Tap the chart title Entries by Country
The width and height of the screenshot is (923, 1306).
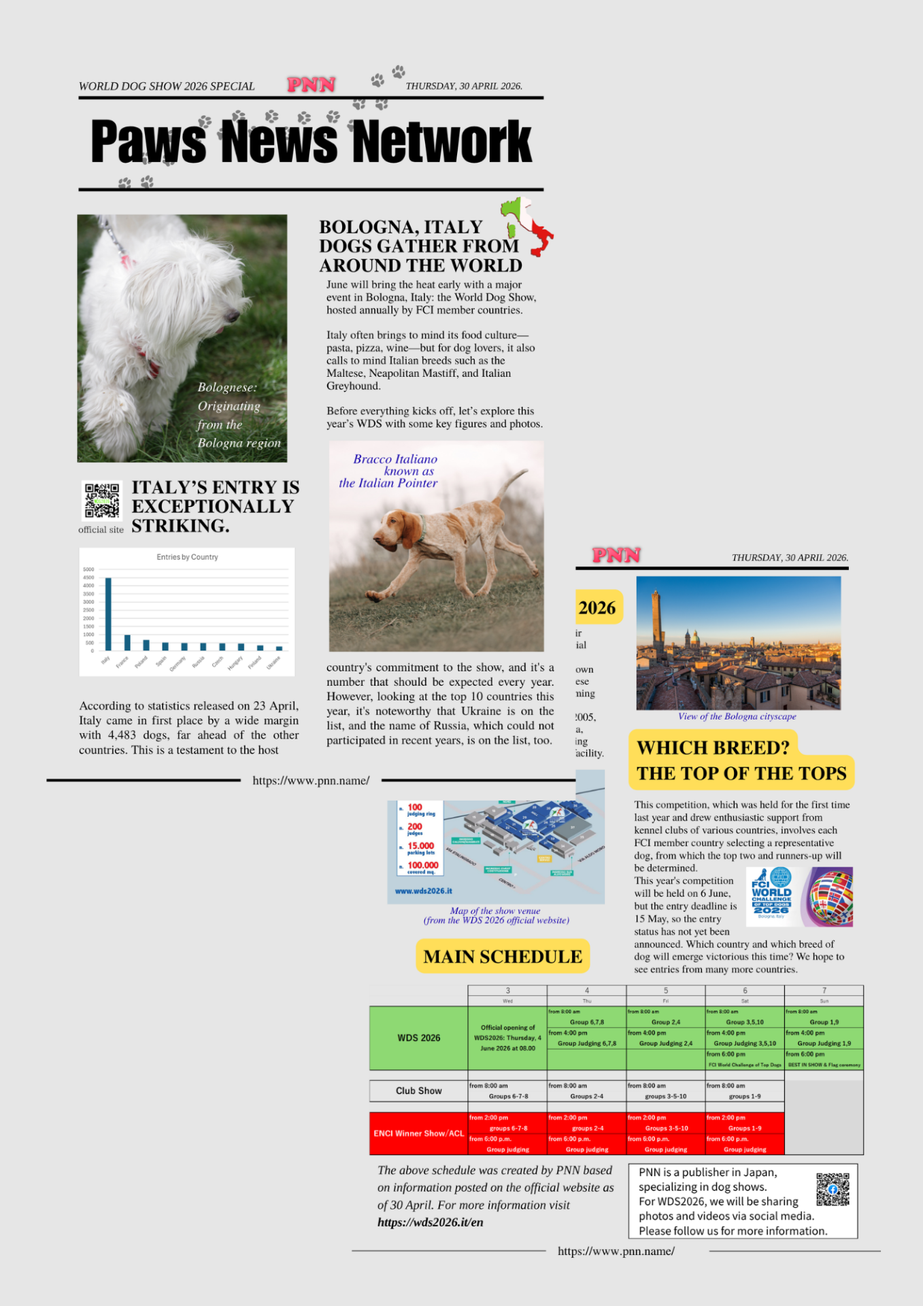(x=187, y=557)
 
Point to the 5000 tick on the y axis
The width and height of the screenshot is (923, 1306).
(x=88, y=569)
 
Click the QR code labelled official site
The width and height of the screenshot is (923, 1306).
(x=102, y=501)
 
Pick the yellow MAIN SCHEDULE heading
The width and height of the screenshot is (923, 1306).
(x=503, y=956)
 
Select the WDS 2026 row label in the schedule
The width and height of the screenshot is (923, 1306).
(x=418, y=1038)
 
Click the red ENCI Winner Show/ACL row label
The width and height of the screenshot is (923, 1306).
(x=418, y=1133)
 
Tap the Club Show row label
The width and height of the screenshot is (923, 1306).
(x=418, y=1090)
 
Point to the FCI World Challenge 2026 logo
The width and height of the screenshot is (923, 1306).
(x=772, y=896)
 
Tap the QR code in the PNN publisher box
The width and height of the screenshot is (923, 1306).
(x=833, y=1189)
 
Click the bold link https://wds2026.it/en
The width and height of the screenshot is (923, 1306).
(x=430, y=1222)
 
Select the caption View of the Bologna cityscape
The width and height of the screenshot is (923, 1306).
(x=737, y=716)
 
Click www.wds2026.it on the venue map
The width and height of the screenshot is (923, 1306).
(x=423, y=890)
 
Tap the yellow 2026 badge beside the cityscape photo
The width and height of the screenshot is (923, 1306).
(x=597, y=607)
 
